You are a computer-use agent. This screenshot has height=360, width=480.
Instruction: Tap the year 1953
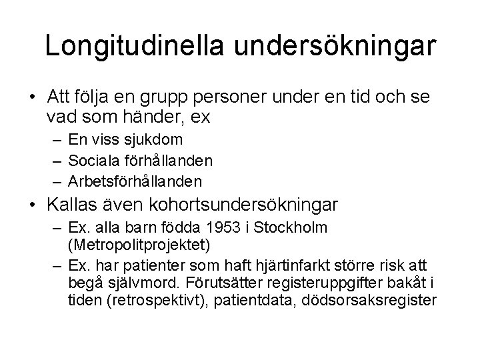tap(223, 228)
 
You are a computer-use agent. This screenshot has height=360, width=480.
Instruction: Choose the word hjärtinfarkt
tap(309, 265)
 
